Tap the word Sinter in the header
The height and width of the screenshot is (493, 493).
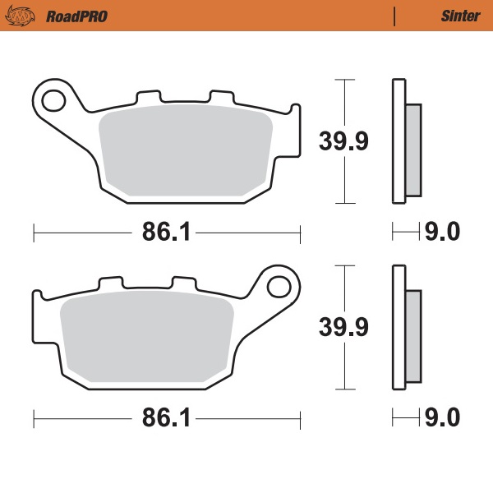pyautogui.click(x=455, y=16)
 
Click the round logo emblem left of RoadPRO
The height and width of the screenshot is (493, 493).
pyautogui.click(x=29, y=16)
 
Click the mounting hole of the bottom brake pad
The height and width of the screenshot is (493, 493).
pyautogui.click(x=279, y=288)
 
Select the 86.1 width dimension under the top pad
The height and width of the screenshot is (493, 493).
pyautogui.click(x=166, y=233)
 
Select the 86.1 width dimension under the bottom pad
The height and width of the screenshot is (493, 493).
pyautogui.click(x=166, y=419)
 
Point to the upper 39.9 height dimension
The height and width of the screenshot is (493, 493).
pyautogui.click(x=343, y=141)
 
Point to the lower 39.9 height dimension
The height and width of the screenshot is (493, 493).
pyautogui.click(x=343, y=326)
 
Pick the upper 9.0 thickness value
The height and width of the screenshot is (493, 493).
pyautogui.click(x=441, y=233)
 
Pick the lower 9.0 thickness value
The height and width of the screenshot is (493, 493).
pyautogui.click(x=441, y=419)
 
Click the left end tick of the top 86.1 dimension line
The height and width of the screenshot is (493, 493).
pyautogui.click(x=34, y=233)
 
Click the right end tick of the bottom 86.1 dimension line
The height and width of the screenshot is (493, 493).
pyautogui.click(x=301, y=419)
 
